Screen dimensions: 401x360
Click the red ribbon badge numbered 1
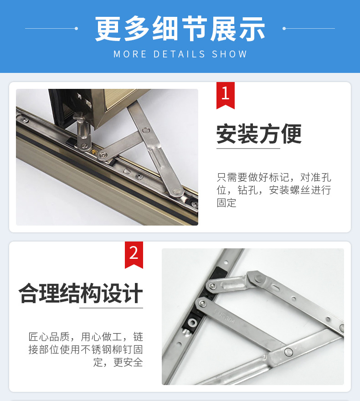coord(225,95)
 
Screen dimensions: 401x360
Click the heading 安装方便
coord(259,134)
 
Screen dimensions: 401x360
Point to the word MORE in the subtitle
coord(130,54)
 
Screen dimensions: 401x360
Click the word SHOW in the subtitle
coord(229,54)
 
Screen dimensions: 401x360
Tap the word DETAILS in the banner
coord(180,54)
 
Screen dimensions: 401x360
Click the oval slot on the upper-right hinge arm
coord(276,288)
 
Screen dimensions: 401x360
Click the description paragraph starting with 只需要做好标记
coord(274,190)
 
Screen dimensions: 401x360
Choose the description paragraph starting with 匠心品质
coord(86,350)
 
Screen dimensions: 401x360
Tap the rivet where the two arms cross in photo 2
coord(288,351)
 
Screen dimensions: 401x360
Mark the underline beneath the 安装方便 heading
coord(248,148)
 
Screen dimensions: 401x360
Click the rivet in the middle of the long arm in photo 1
coord(146,130)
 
